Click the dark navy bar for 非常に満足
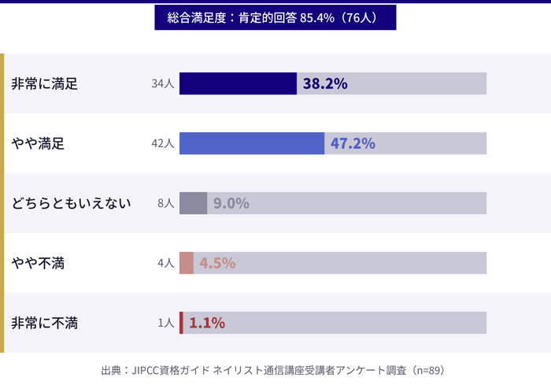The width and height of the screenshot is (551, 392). coord(238,83)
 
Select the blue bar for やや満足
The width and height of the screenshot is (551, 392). coord(252,143)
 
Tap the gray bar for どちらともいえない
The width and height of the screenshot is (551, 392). coord(193,203)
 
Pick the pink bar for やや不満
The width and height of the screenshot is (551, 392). coord(187,263)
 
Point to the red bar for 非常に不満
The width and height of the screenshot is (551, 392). coord(181,323)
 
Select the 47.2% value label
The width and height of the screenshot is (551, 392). coord(353,143)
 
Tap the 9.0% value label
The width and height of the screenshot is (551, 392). coord(231,203)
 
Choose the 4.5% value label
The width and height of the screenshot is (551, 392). coord(217,263)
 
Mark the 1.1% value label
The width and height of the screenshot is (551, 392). coord(207,323)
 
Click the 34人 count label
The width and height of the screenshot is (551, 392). coord(162,83)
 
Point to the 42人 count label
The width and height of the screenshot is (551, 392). coord(162,143)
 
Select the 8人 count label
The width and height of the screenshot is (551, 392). coord(165,203)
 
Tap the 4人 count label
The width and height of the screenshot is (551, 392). coord(165,263)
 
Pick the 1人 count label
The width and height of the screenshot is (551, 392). coord(165,323)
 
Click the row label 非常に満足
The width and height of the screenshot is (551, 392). coord(44,83)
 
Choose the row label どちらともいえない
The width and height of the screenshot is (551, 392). coord(71,203)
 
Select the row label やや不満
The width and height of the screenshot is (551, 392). coord(38,263)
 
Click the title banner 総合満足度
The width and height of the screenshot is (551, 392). coord(275,18)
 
